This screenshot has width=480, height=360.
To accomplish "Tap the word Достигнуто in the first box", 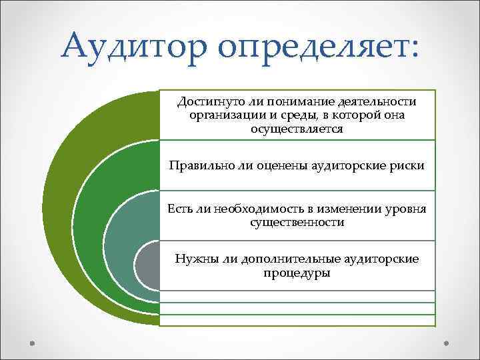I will pyautogui.click(x=201, y=101).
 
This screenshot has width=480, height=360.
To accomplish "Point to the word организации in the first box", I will pyautogui.click(x=221, y=115).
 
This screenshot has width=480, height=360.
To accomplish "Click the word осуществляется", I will pyautogui.click(x=297, y=129).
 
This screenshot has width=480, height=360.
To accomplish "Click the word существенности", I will pyautogui.click(x=297, y=223).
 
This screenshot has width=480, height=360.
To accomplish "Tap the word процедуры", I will pyautogui.click(x=297, y=273).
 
